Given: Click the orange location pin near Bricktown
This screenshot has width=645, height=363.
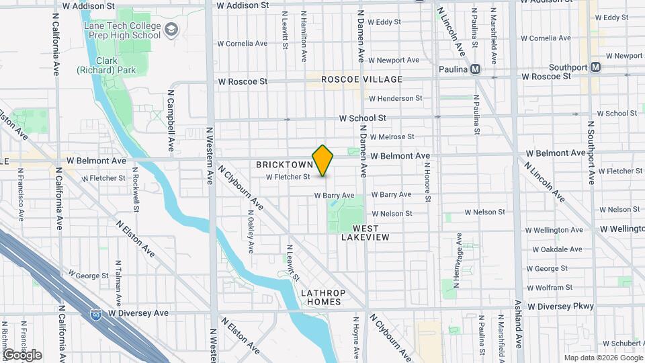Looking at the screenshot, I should tap(323, 160).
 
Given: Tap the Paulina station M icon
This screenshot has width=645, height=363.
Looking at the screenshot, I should tap(476, 69).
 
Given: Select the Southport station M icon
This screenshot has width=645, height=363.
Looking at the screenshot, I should tap(595, 67).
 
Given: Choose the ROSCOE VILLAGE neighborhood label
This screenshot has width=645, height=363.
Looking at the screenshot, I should tap(361, 79).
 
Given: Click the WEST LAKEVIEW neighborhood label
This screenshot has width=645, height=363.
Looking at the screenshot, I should tap(365, 233).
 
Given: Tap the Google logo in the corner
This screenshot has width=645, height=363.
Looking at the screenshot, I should tap(22, 355).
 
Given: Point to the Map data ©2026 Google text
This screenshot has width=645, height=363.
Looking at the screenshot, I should tap(602, 358).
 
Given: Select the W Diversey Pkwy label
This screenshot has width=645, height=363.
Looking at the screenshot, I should tap(561, 306).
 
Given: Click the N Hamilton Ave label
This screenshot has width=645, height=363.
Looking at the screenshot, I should tap(304, 40).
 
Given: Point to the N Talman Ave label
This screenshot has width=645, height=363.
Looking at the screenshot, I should tap(118, 282).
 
